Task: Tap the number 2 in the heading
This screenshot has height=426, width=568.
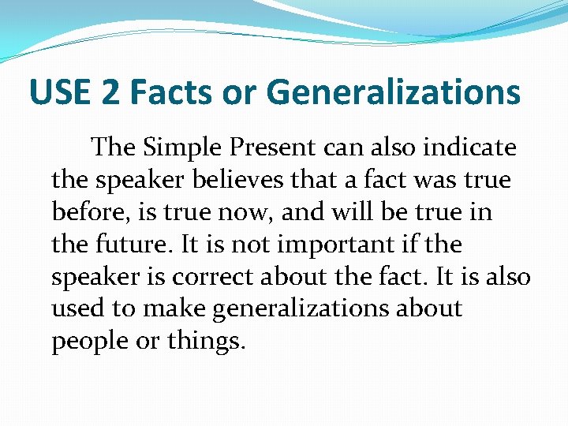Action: click(110, 92)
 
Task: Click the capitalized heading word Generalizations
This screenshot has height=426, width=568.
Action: click(394, 92)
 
